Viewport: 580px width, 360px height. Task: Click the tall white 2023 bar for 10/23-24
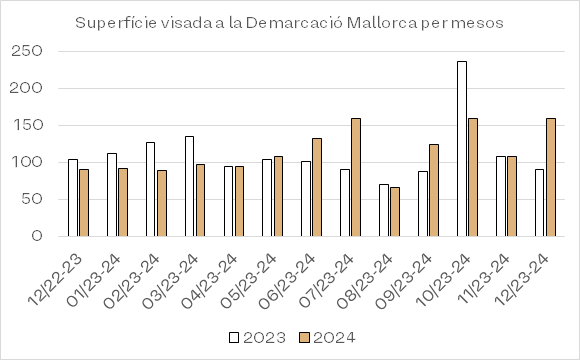[x=462, y=149]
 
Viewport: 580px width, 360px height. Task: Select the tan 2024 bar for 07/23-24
[x=356, y=177]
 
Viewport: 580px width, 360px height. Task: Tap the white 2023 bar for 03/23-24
[x=189, y=186]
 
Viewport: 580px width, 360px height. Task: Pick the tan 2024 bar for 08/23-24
[x=395, y=212]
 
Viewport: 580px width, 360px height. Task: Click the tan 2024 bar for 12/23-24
[x=551, y=177]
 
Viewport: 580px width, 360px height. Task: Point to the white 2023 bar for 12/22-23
[x=73, y=198]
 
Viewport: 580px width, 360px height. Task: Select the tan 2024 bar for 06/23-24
[x=317, y=187]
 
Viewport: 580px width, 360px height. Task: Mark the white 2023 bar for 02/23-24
[x=151, y=189]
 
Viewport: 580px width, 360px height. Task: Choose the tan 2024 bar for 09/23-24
[x=434, y=190]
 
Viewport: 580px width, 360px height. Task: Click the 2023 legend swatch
[x=234, y=337]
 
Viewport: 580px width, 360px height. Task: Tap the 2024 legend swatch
[x=304, y=337]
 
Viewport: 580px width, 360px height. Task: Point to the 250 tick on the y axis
[x=27, y=51]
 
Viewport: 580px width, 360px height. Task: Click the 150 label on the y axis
[x=27, y=125]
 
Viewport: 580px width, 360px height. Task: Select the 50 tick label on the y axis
[x=32, y=199]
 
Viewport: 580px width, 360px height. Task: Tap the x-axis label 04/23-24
[x=209, y=281]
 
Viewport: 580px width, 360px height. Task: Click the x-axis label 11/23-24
[x=483, y=279]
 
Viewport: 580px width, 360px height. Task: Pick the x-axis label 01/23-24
[x=93, y=281]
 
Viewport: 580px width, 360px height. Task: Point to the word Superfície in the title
[x=116, y=23]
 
